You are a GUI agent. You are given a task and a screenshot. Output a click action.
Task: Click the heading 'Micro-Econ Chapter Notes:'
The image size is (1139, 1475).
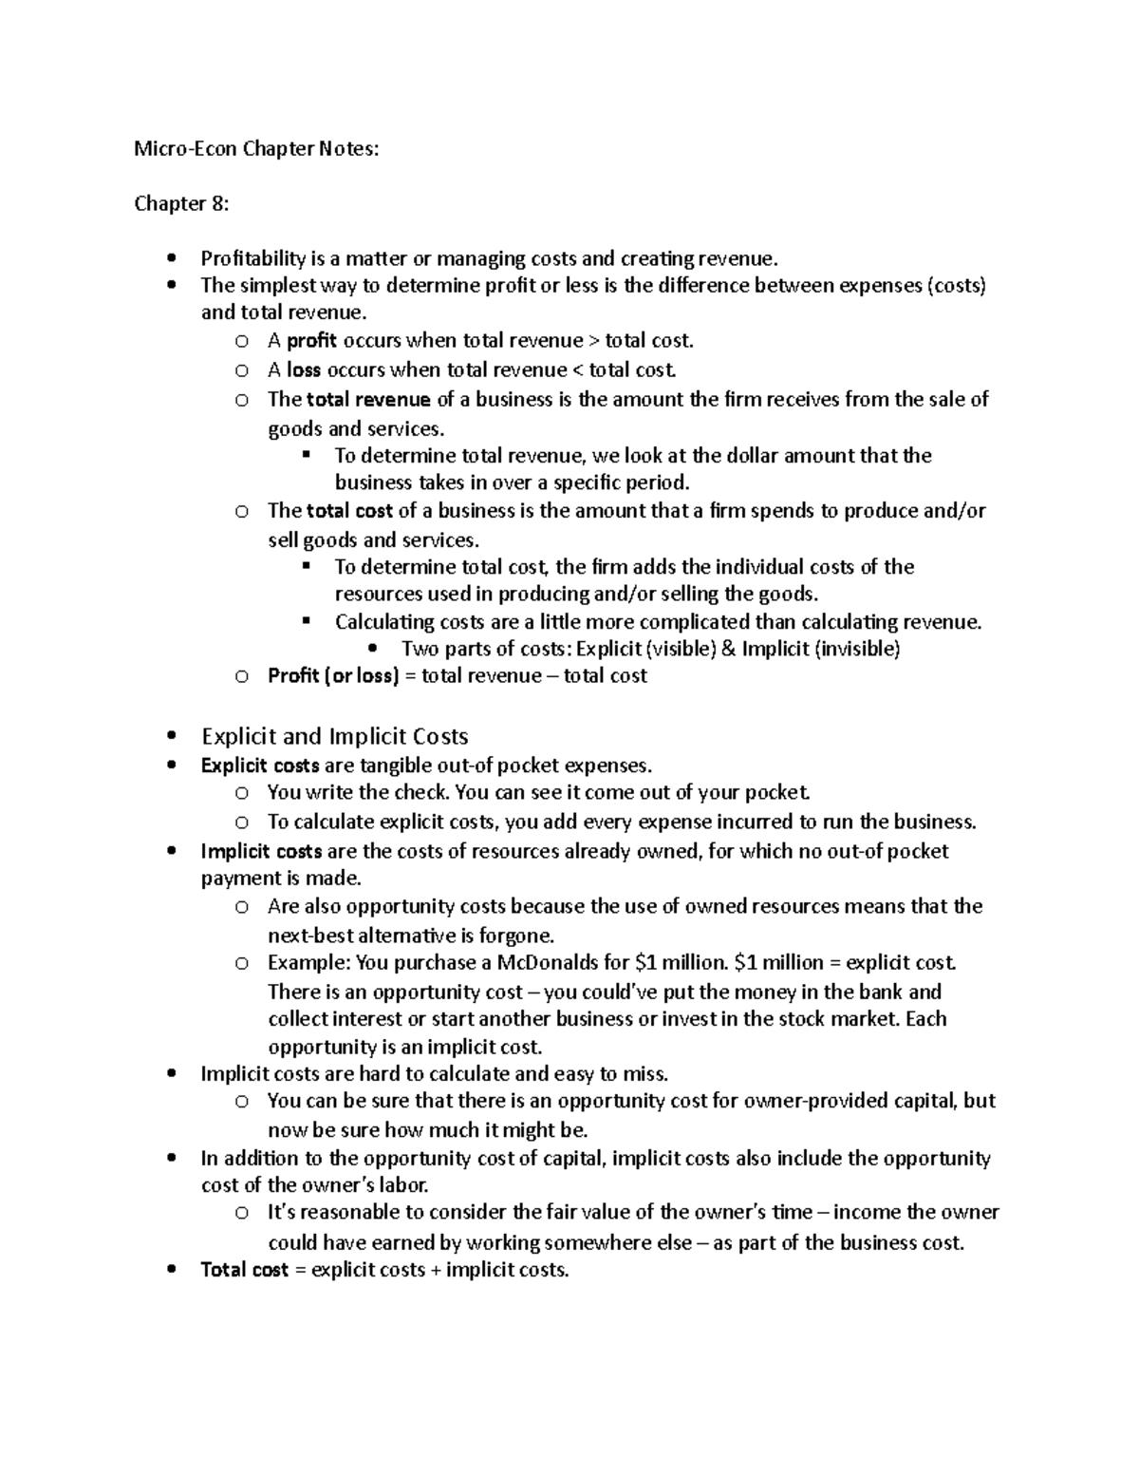pyautogui.click(x=255, y=148)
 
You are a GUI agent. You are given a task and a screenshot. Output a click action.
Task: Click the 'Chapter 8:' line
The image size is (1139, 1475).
pyautogui.click(x=181, y=203)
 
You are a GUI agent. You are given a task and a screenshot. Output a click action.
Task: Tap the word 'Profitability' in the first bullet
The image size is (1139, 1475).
pyautogui.click(x=253, y=258)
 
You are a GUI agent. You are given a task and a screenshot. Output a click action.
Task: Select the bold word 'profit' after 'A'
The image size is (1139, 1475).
pyautogui.click(x=311, y=340)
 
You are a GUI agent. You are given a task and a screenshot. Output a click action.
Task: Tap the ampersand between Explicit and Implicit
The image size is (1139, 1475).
pyautogui.click(x=729, y=649)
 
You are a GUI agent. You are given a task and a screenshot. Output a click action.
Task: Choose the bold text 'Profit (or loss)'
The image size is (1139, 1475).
pyautogui.click(x=333, y=676)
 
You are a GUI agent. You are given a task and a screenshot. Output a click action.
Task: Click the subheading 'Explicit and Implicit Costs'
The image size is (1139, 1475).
pyautogui.click(x=335, y=736)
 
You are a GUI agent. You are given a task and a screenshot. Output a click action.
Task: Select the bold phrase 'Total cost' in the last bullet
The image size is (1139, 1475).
pyautogui.click(x=244, y=1270)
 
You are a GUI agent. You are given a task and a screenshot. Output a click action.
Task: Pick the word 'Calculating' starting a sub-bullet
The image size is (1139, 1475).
pyautogui.click(x=384, y=622)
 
